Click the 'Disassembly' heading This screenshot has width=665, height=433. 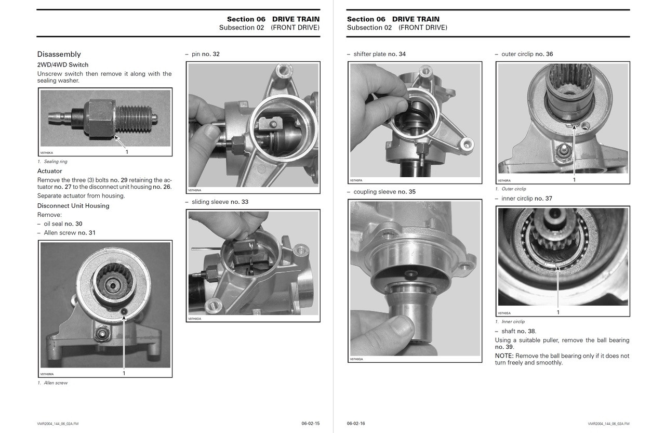[x=59, y=54]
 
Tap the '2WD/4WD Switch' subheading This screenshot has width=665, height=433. [x=63, y=65]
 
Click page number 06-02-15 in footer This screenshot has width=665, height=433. [x=310, y=424]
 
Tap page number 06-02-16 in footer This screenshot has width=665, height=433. [x=356, y=424]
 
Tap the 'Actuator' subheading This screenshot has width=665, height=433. [x=50, y=171]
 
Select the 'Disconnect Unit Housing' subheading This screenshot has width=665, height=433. [x=73, y=206]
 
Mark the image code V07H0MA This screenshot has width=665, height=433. [x=47, y=374]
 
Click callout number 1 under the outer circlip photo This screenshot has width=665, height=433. [x=574, y=180]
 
